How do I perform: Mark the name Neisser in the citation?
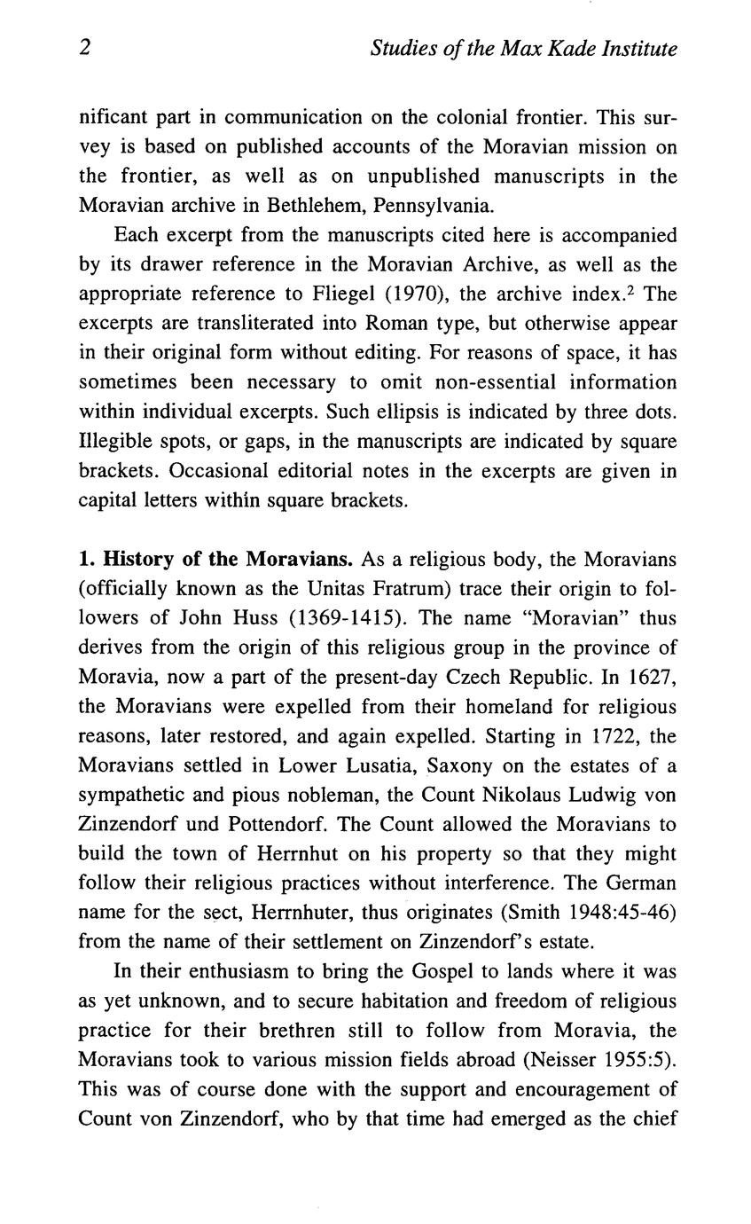[572, 1059]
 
